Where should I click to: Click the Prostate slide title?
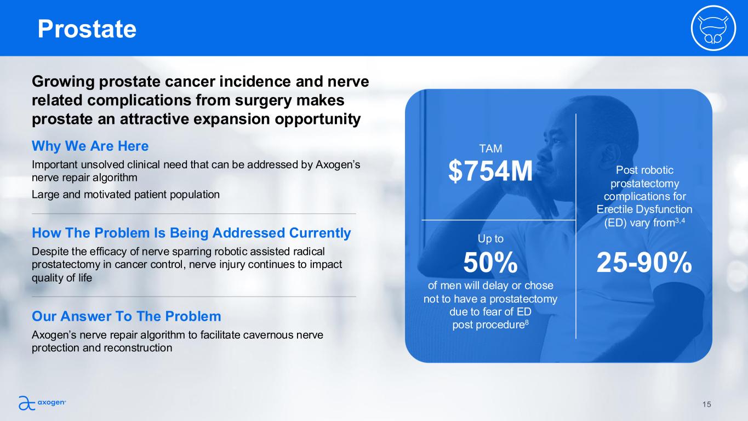pos(87,29)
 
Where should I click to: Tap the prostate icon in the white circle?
pos(713,29)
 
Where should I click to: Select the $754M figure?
pos(490,171)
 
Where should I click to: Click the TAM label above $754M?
pos(490,149)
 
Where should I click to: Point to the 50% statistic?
pos(490,263)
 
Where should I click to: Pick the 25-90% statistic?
pos(644,263)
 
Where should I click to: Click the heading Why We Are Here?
pos(90,146)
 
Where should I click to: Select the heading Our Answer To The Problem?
pos(126,316)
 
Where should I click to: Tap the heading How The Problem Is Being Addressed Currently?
pos(191,233)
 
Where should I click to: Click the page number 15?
pos(706,405)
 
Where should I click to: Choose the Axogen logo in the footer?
pos(42,402)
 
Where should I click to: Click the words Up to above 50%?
pos(490,239)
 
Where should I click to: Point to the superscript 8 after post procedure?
pos(527,322)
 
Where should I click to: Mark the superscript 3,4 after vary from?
pos(680,220)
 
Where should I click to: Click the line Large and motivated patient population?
pos(125,195)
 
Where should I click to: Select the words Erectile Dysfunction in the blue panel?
pos(644,209)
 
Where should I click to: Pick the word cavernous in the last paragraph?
pos(270,335)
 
